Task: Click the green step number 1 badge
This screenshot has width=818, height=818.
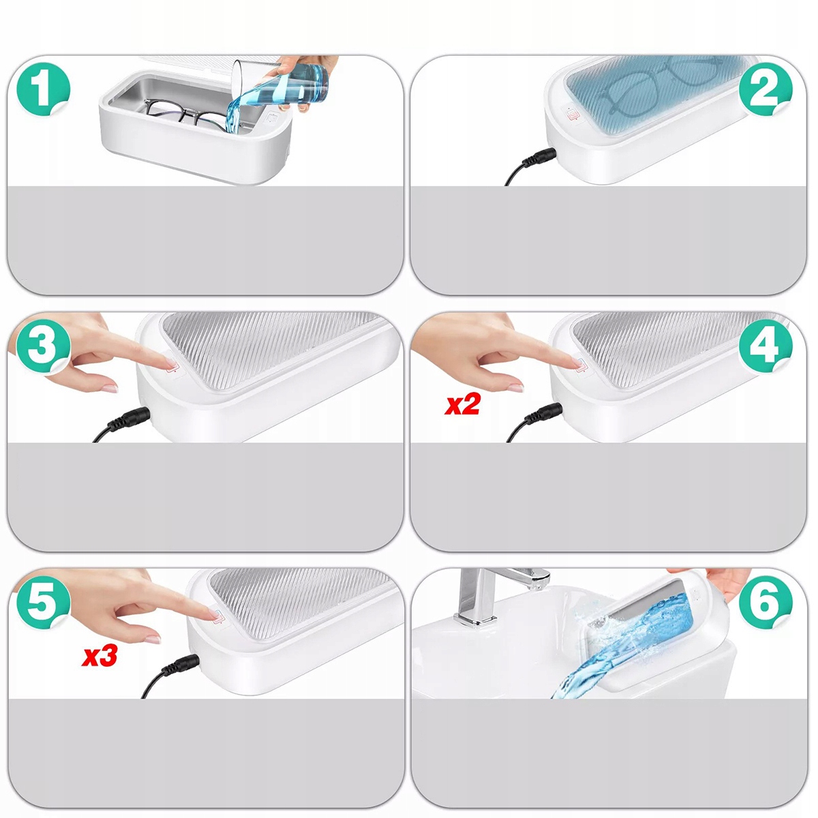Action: [44, 89]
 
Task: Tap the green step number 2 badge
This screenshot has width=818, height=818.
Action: [766, 89]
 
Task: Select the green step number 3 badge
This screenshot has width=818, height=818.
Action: [44, 347]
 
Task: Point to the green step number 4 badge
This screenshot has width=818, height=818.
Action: [766, 347]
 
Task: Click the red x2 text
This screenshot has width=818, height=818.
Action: [462, 406]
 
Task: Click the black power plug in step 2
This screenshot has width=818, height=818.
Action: [539, 158]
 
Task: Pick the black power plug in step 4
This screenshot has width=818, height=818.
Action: [545, 414]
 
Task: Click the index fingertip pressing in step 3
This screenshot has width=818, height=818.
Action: [169, 363]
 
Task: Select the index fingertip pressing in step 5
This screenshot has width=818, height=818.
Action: [212, 613]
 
